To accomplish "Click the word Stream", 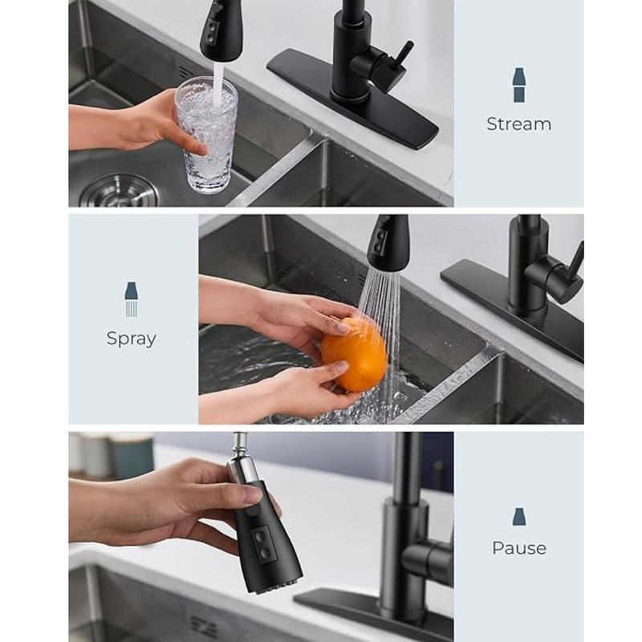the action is (x=518, y=124).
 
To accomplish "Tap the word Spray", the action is (x=132, y=339).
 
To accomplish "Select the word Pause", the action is (x=518, y=548).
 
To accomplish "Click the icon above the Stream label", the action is (x=518, y=85).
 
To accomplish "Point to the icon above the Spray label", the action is (x=132, y=299).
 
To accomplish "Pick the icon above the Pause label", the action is (x=519, y=517).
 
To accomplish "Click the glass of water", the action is (x=206, y=134).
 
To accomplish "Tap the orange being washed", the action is (x=354, y=355).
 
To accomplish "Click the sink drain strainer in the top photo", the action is (x=119, y=191).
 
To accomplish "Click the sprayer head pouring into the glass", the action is (x=221, y=30).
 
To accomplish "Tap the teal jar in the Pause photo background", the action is (x=131, y=457).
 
